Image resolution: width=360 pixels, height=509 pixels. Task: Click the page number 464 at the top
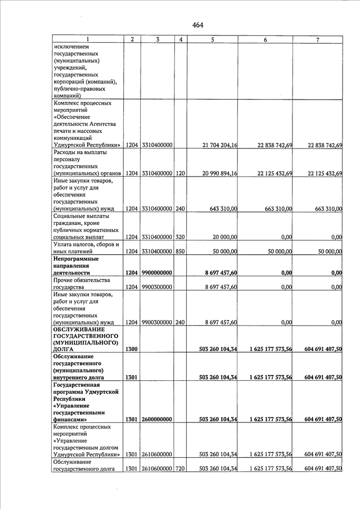point(197,25)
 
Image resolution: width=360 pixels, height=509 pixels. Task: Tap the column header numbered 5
point(213,39)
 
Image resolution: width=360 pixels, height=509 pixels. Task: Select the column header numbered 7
point(318,39)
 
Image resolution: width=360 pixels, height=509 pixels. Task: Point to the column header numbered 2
point(132,39)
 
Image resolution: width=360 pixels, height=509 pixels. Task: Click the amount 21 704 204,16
point(219,145)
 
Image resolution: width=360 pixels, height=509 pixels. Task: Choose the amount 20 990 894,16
point(219,173)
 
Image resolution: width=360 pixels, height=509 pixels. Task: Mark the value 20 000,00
point(226,237)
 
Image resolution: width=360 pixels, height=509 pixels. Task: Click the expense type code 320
point(180,237)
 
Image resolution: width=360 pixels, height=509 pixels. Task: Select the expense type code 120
point(180,173)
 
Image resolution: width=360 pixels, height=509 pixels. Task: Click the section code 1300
point(132,349)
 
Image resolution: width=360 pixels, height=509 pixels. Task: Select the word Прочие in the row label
point(64,280)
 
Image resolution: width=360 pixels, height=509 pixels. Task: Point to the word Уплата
point(64,244)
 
